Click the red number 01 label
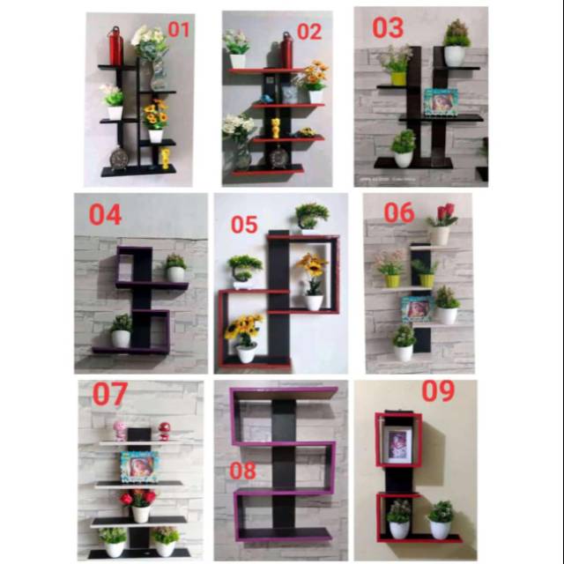(x=178, y=29)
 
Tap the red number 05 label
(x=244, y=225)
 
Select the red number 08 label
(x=243, y=471)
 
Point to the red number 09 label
(x=438, y=391)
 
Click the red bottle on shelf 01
(x=115, y=46)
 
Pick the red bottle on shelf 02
(x=286, y=50)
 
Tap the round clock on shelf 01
(x=119, y=158)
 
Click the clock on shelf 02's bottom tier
(x=278, y=157)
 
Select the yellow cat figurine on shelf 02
(x=276, y=128)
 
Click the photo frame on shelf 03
(x=441, y=102)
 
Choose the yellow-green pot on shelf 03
(x=398, y=78)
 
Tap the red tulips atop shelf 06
(x=444, y=213)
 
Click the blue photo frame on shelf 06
(x=417, y=309)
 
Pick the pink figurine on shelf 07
(x=120, y=431)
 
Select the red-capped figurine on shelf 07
(x=165, y=431)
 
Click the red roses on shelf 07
(x=138, y=498)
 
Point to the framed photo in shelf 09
(x=397, y=444)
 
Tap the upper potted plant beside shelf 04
(x=175, y=268)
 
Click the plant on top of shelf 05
(x=311, y=216)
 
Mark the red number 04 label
(x=106, y=215)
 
